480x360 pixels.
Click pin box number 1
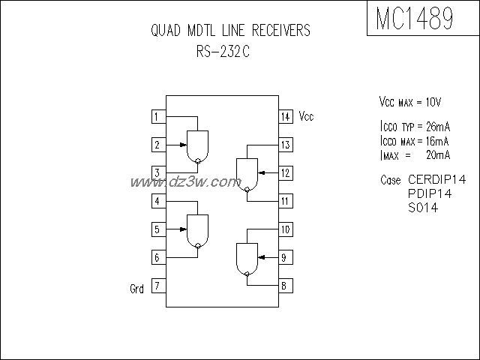click(157, 116)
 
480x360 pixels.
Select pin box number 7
click(157, 286)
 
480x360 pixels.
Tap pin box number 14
click(286, 116)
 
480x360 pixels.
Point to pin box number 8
click(286, 286)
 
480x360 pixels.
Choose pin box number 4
click(157, 201)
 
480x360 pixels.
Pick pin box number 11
click(286, 201)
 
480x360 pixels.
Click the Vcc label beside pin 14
click(307, 116)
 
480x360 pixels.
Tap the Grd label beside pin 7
click(136, 287)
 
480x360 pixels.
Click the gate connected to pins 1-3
click(197, 145)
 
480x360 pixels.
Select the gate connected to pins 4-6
click(197, 229)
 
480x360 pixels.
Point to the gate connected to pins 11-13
click(247, 174)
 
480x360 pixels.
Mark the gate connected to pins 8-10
click(247, 258)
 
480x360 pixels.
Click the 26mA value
click(434, 128)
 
